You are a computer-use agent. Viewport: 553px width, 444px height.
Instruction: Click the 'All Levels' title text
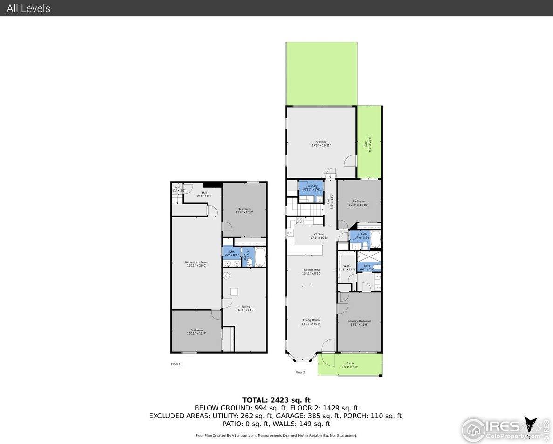[x=28, y=8]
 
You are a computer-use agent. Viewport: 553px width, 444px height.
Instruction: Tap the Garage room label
[x=321, y=143]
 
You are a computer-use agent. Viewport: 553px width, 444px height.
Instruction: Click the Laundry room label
[x=312, y=188]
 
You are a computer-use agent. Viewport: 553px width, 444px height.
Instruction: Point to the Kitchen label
[x=319, y=236]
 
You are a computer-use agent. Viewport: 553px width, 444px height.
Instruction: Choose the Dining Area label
[x=311, y=271]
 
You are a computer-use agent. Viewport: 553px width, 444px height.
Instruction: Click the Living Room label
[x=311, y=322]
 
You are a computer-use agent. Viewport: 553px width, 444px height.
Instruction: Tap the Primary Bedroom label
[x=359, y=323]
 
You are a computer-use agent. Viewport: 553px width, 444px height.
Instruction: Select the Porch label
[x=350, y=365]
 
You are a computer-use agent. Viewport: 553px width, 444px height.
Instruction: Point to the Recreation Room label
[x=196, y=264]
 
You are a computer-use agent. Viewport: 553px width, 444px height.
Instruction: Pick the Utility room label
[x=246, y=308]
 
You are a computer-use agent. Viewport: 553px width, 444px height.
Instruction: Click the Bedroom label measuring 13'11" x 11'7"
[x=196, y=332]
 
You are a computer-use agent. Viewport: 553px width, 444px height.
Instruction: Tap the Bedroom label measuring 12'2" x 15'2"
[x=244, y=210]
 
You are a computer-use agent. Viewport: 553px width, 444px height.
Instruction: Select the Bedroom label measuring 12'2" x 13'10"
[x=358, y=203]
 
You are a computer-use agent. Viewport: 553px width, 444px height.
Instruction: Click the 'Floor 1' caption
[x=176, y=364]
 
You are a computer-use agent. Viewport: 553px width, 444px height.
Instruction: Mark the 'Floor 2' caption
[x=300, y=372]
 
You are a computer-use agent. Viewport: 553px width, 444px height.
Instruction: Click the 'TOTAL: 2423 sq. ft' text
[x=276, y=400]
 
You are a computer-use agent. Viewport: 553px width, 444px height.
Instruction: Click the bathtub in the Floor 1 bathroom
[x=259, y=257]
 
